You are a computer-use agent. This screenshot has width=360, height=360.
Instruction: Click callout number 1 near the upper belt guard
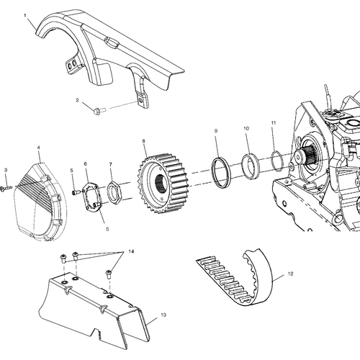pyautogui.click(x=25, y=16)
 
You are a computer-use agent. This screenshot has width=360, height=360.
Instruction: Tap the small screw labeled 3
pyautogui.click(x=6, y=188)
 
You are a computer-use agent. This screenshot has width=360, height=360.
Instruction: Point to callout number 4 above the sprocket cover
pyautogui.click(x=38, y=148)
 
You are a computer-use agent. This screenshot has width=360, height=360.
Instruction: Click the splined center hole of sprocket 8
pyautogui.click(x=161, y=184)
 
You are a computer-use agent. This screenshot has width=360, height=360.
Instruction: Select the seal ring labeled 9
pyautogui.click(x=221, y=172)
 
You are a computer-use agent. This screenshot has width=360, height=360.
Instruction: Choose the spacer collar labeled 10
pyautogui.click(x=250, y=166)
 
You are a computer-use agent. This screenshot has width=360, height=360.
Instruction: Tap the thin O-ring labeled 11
pyautogui.click(x=277, y=161)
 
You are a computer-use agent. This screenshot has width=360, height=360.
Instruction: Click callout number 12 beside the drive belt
pyautogui.click(x=290, y=274)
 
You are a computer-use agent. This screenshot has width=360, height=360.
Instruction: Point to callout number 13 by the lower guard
pyautogui.click(x=163, y=315)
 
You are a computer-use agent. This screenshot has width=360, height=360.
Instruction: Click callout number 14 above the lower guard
pyautogui.click(x=131, y=251)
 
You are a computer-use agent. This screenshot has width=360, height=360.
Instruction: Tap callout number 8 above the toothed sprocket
pyautogui.click(x=144, y=141)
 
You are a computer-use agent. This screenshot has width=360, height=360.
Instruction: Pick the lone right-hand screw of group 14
pyautogui.click(x=109, y=274)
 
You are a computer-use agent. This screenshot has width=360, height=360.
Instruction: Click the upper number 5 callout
pyautogui.click(x=71, y=171)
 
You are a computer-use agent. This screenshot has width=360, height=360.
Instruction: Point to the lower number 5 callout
pyautogui.click(x=107, y=229)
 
